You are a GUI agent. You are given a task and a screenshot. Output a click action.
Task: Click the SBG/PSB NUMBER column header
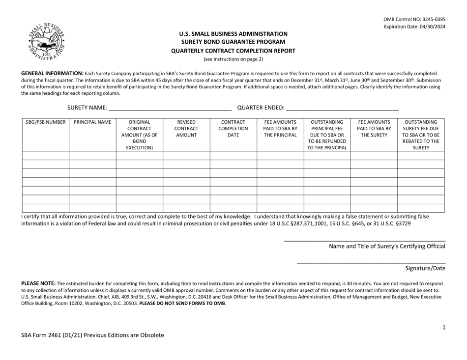(45, 122)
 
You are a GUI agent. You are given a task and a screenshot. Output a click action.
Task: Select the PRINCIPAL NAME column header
(92, 122)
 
